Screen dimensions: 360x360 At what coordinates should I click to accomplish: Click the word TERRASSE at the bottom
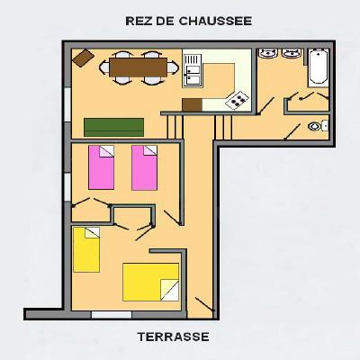[x=174, y=337]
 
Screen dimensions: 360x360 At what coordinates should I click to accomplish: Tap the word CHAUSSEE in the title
[x=215, y=21]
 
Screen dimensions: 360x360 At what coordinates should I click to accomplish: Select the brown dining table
[x=138, y=67]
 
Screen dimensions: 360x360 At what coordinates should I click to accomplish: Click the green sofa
[x=113, y=127]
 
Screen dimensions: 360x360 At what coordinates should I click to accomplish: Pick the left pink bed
[x=101, y=167]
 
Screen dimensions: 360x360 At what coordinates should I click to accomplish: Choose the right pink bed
[x=144, y=167]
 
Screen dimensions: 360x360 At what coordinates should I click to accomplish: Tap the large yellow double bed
[x=151, y=282]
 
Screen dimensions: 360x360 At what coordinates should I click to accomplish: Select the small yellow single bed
[x=86, y=249]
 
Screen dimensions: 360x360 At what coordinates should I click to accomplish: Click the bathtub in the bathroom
[x=319, y=67]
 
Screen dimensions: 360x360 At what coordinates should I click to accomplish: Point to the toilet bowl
[x=314, y=126]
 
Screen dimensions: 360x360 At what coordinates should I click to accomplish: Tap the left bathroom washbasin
[x=268, y=53]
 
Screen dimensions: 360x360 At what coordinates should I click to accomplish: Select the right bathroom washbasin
[x=292, y=53]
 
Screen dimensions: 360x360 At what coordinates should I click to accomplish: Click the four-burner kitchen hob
[x=237, y=100]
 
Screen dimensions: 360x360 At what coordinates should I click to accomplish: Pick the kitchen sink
[x=192, y=71]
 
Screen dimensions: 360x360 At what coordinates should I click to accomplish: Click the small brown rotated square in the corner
[x=84, y=58]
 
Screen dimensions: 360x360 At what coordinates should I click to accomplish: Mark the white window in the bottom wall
[x=112, y=315]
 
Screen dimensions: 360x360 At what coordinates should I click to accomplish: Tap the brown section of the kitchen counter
[x=193, y=104]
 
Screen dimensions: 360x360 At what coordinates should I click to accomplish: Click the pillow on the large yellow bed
[x=170, y=290]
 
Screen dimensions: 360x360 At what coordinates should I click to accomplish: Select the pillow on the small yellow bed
[x=92, y=232]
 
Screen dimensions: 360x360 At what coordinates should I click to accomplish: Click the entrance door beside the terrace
[x=205, y=304]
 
